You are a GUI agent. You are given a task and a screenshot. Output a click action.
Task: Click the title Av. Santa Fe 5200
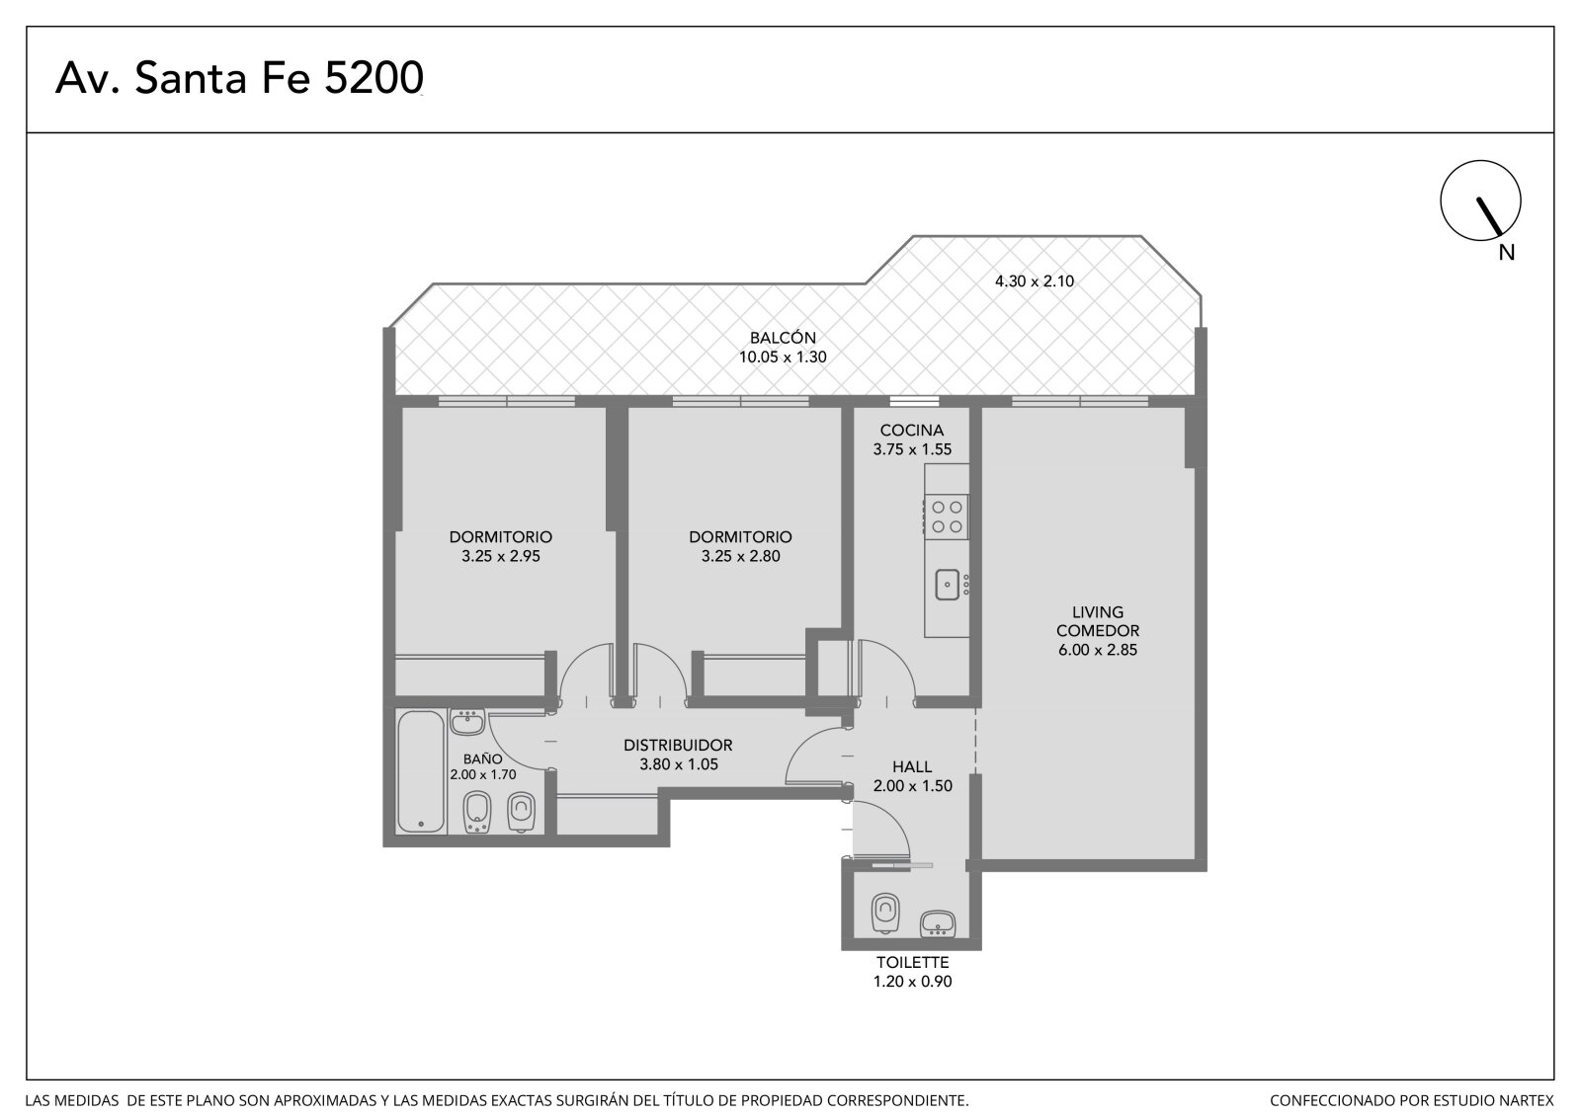pos(239,78)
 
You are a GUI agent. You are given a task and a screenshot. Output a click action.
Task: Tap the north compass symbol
pos(1480,200)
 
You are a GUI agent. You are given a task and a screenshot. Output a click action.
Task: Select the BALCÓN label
pos(783,338)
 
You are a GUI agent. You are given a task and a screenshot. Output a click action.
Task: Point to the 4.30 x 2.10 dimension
pos(1034,280)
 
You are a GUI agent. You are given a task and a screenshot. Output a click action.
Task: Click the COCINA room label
pos(912,430)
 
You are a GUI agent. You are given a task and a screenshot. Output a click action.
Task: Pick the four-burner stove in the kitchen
pos(947,517)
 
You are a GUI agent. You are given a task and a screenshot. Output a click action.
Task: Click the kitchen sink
pos(948,585)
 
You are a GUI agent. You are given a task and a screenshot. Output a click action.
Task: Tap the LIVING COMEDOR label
pos(1098,621)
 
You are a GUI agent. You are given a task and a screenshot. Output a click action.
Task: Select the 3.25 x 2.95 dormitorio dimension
pos(500,556)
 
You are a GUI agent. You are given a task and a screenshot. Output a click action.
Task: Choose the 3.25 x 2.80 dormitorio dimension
pos(740,556)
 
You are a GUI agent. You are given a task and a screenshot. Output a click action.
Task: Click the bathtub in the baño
pos(421,772)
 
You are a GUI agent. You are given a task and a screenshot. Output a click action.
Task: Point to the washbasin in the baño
pos(466,723)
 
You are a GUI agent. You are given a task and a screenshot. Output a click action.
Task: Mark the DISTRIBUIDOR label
pos(678,745)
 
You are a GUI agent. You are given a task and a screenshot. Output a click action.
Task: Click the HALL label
pos(912,766)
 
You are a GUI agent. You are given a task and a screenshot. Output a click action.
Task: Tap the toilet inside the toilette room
pos(885,914)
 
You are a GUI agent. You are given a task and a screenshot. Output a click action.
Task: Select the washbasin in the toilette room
pos(938,923)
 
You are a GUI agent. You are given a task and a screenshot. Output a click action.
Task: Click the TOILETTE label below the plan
pos(913,963)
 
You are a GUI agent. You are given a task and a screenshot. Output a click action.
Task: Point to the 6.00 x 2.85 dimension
pos(1098,650)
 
